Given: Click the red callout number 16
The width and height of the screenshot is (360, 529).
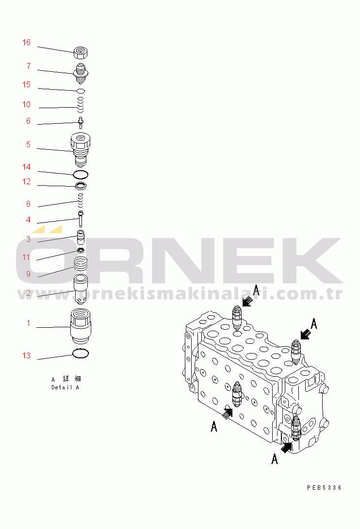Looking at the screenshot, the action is click(26, 43).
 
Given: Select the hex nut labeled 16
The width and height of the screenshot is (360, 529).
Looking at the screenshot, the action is click(81, 52).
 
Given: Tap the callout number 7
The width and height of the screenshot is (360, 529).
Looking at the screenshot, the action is click(29, 66).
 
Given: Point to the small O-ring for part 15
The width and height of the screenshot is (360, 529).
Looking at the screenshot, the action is click(81, 91).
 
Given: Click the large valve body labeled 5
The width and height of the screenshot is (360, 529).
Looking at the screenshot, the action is click(81, 148).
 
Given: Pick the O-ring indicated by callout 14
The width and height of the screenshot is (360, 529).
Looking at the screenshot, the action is click(81, 174).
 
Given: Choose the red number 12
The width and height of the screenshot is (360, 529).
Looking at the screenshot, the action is click(26, 182).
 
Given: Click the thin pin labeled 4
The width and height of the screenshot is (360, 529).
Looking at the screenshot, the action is click(81, 219).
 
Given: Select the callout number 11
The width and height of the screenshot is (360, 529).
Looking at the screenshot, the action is click(26, 257).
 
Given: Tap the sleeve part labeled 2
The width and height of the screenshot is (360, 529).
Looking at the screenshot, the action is click(81, 289).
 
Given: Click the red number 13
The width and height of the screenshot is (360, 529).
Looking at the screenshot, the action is click(26, 356).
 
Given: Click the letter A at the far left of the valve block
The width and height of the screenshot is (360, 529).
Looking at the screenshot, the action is click(214, 426).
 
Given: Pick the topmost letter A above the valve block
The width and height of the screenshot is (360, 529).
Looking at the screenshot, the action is click(257, 291).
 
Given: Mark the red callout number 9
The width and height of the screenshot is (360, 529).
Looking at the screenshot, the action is click(29, 274).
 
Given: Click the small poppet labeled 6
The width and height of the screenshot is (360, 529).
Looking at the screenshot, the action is click(81, 121).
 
